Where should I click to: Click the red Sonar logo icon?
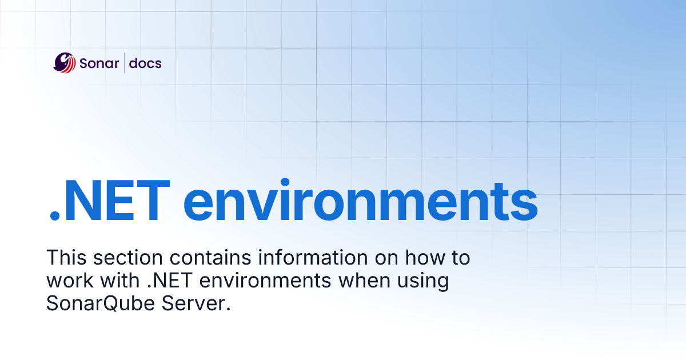pyautogui.click(x=65, y=63)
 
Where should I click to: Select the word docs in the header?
pyautogui.click(x=145, y=63)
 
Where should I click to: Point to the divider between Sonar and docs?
pyautogui.click(x=125, y=63)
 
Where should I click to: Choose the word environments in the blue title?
pyautogui.click(x=360, y=202)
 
